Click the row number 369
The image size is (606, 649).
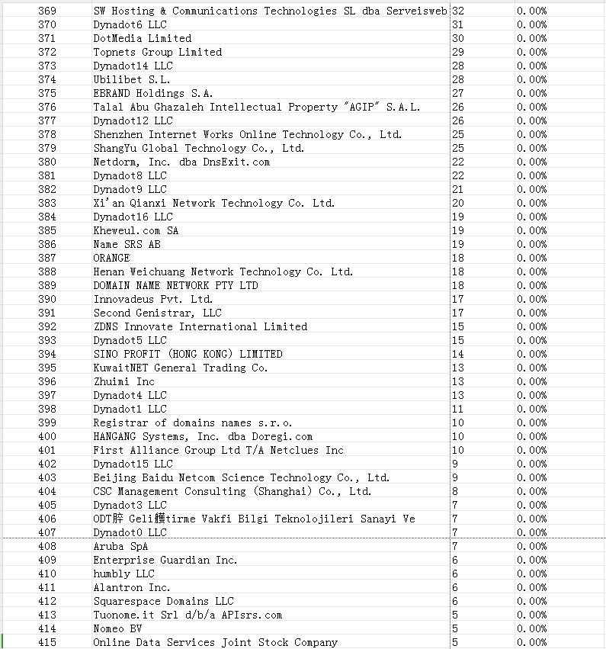[47, 11]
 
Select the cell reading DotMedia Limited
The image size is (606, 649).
[142, 38]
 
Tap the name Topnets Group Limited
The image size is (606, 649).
[157, 52]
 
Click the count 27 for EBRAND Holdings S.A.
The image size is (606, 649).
[458, 93]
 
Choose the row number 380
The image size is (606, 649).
[47, 162]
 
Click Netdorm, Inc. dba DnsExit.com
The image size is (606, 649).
[181, 162]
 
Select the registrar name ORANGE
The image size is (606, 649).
[111, 258]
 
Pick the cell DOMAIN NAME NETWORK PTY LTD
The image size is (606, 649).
[175, 285]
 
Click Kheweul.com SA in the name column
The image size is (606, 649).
[136, 230]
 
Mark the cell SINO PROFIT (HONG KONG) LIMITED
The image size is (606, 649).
[188, 354]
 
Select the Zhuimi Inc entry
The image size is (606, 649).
[123, 381]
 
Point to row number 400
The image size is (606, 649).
[47, 436]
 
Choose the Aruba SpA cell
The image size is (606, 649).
[120, 546]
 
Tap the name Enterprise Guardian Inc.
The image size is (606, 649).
[165, 560]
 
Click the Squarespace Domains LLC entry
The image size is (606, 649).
[163, 601]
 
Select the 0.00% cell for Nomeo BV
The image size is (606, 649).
[531, 628]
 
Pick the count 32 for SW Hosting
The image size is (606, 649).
[458, 11]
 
